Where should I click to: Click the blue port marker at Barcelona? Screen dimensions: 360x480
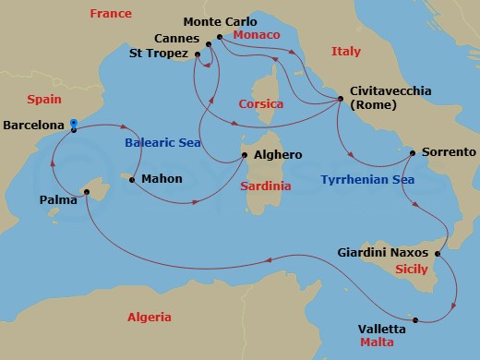point(73,123)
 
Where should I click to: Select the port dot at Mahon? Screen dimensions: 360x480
point(132,179)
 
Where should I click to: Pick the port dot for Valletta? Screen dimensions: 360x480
point(416,320)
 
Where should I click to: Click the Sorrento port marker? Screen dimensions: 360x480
point(412,151)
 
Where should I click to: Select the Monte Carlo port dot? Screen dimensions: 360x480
point(219,38)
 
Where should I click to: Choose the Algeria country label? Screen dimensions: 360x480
point(149,317)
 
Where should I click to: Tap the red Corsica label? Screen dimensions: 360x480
point(260,104)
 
